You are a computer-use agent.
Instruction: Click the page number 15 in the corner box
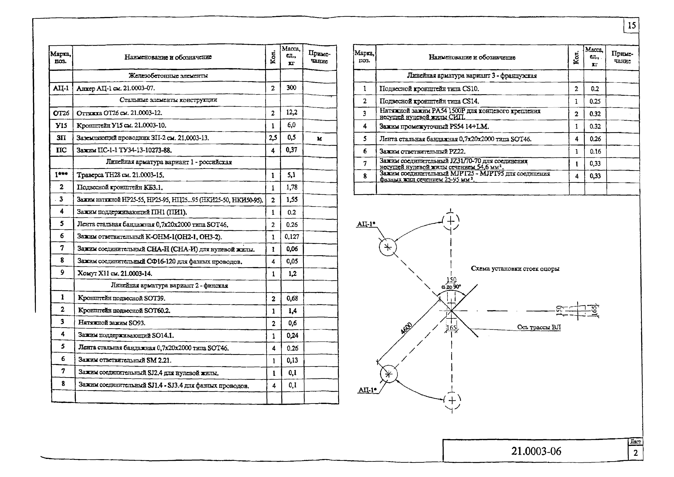631,26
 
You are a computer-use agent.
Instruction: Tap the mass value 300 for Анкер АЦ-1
291,88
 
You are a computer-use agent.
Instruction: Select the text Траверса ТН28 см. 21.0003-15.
120,175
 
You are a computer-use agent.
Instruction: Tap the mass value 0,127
292,236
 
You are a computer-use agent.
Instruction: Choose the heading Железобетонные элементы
168,75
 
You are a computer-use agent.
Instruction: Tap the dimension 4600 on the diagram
407,328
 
